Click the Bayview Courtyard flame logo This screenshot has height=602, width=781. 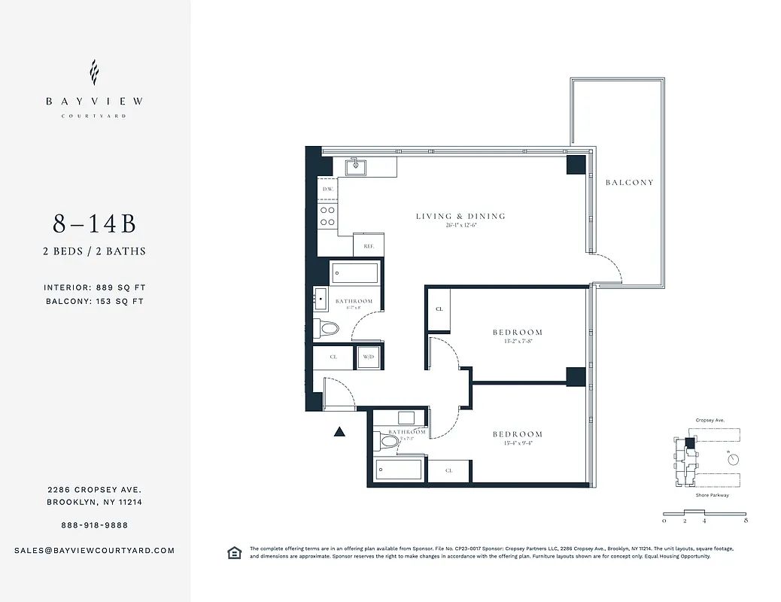point(94,73)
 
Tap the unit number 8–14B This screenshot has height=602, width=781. point(94,224)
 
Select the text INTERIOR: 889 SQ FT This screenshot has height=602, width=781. point(94,287)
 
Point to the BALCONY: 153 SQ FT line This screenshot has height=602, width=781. point(94,301)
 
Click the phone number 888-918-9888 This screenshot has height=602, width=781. point(94,525)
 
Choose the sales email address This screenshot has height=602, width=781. point(94,550)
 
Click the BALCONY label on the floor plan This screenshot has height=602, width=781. point(630,182)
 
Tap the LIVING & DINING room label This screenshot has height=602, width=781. point(460,217)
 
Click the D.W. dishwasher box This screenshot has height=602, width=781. point(328,189)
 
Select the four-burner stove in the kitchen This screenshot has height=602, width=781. point(328,217)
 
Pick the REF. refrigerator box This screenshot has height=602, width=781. point(369,245)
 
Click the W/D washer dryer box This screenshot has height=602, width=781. point(369,357)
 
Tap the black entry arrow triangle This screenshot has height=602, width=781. point(339,432)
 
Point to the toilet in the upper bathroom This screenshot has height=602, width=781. point(329,328)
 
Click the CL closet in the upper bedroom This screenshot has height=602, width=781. point(439,309)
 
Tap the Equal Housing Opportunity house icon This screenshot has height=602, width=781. point(234,553)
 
